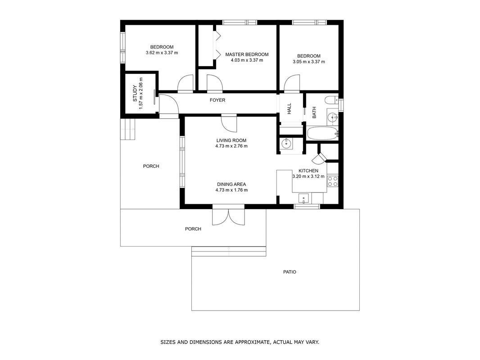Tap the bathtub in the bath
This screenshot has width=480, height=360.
(322, 134)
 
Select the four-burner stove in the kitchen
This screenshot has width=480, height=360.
(332, 181)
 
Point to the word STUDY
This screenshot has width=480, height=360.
(135, 94)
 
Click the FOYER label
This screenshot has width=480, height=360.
(217, 100)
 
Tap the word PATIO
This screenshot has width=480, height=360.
(290, 272)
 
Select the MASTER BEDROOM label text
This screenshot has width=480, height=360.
(247, 54)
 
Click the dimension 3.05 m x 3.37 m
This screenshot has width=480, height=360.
(309, 62)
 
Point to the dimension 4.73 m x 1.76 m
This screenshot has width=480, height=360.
(231, 190)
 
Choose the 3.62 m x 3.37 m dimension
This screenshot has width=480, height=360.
(162, 53)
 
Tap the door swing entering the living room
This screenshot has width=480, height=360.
(229, 124)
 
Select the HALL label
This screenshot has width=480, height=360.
(289, 109)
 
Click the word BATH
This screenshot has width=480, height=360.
(314, 112)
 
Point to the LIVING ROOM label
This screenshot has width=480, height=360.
(231, 140)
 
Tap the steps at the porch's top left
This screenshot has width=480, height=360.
(128, 130)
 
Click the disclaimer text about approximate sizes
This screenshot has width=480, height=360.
(240, 342)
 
